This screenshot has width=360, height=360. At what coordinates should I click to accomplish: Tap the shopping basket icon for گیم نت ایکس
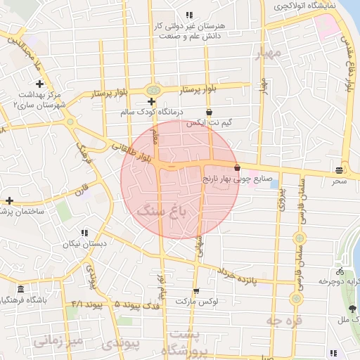pos(209,112)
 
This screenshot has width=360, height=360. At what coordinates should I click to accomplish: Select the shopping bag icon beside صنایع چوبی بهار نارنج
pos(236,168)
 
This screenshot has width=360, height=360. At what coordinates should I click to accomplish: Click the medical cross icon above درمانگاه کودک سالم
pos(152,102)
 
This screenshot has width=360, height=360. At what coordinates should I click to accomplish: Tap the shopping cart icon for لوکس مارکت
pos(196,291)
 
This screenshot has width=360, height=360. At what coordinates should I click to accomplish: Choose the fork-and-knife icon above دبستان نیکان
pos(84,233)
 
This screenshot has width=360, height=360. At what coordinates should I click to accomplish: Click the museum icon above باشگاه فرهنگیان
pos(20,290)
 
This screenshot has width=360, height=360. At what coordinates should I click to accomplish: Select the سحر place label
pos(340,181)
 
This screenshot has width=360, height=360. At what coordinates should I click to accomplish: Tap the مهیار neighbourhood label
pos(269,53)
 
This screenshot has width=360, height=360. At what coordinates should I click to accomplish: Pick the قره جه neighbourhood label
pos(283,321)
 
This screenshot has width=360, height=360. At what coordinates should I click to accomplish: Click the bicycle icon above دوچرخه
pos(340,271)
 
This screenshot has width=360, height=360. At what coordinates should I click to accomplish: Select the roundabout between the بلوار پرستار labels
pos(153,90)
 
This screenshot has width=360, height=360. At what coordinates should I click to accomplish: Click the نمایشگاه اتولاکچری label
pos(304,6)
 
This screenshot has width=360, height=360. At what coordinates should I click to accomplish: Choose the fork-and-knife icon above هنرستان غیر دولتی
pos(188,15)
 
